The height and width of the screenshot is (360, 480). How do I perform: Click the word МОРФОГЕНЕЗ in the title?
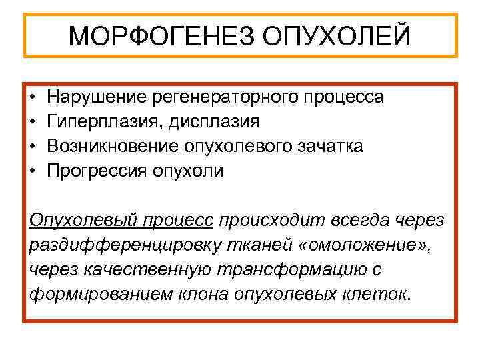(x=159, y=35)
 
